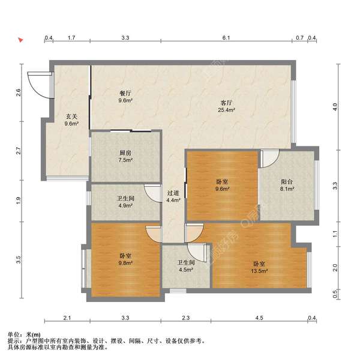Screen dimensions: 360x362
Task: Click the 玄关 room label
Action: tap(71, 116)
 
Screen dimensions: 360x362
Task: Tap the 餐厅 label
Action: tap(125, 93)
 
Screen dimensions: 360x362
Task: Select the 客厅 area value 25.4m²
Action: tap(227, 110)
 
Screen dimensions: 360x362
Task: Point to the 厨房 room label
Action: tap(125, 152)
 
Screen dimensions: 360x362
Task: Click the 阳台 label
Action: tap(287, 182)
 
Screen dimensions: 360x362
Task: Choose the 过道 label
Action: tap(173, 193)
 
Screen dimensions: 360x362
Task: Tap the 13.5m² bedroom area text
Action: tap(259, 271)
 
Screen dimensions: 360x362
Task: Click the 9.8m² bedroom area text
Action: tap(125, 263)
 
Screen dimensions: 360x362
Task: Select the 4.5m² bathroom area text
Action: tap(186, 270)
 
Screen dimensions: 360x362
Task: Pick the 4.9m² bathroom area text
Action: tap(125, 205)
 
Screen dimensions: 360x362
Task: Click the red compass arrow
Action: tap(21, 40)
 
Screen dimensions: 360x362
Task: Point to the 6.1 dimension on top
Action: tap(226, 38)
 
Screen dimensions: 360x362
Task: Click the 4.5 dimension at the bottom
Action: tap(259, 318)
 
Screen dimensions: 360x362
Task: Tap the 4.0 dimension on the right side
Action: tap(335, 107)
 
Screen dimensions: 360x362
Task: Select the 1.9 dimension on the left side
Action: tap(19, 200)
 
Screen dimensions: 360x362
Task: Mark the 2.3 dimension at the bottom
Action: tap(186, 318)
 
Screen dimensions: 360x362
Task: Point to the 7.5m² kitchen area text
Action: tap(125, 160)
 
